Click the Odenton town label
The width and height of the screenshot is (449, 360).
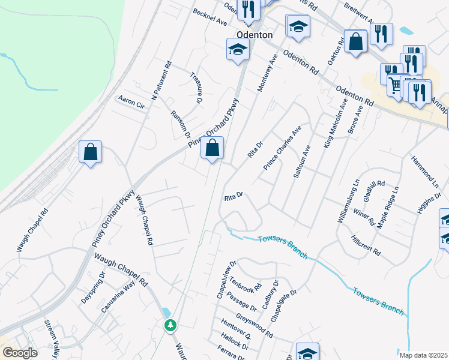[x=255, y=35]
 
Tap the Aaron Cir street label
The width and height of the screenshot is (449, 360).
[x=132, y=101]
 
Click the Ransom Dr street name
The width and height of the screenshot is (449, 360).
[x=180, y=125]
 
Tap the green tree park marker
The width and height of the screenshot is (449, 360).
[x=171, y=325]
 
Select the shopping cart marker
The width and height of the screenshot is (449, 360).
[x=395, y=86]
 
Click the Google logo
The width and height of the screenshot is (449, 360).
[x=19, y=353]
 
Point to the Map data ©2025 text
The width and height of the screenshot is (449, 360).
[x=422, y=355]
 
